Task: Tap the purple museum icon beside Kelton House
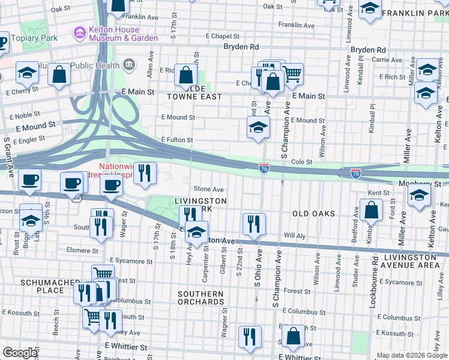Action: tap(79, 31)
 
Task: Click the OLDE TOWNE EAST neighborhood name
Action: tap(191, 92)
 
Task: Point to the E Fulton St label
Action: tap(176, 140)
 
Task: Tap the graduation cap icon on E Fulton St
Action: tap(258, 127)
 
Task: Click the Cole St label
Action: tap(301, 162)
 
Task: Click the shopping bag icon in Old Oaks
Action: tap(372, 210)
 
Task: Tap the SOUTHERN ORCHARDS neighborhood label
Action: tap(200, 298)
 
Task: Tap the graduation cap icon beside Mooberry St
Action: tap(419, 194)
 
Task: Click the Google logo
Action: tap(20, 353)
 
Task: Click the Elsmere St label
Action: tap(83, 251)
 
